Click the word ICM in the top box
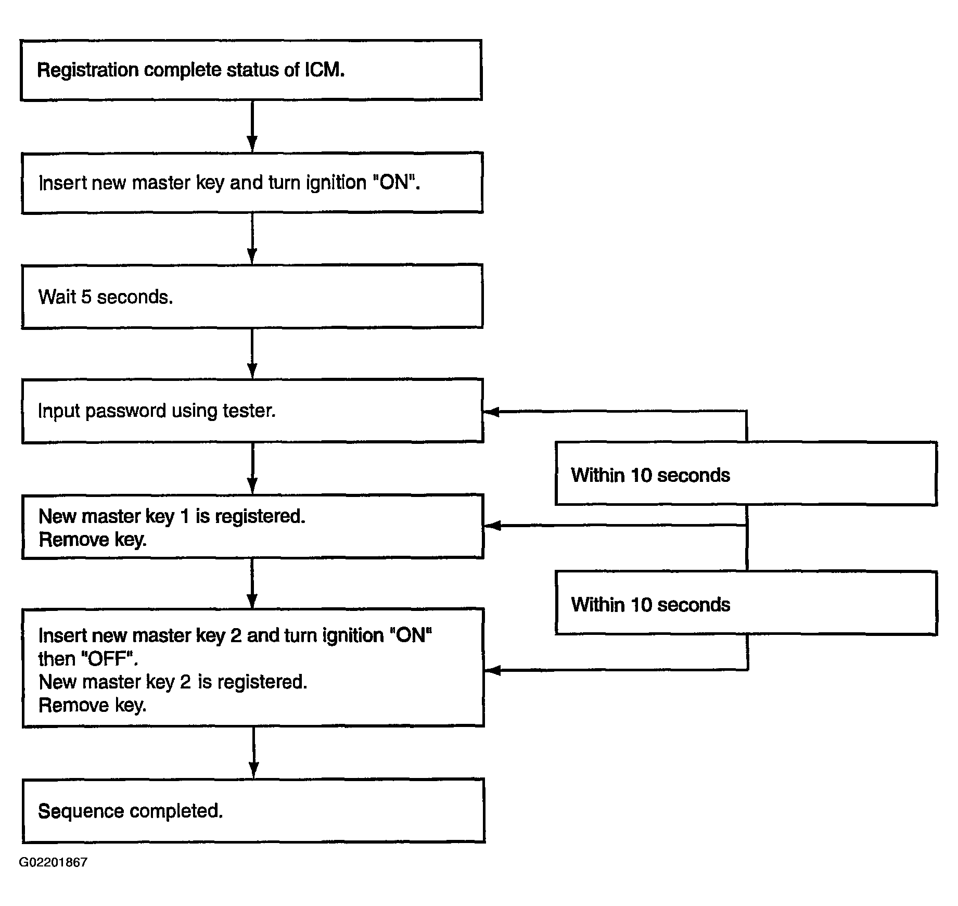[324, 70]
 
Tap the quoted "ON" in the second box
[396, 183]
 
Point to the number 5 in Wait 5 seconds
[86, 297]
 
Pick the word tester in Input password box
[249, 411]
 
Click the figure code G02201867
[53, 862]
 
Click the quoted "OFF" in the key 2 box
[110, 659]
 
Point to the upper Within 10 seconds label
[650, 475]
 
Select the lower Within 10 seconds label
[650, 605]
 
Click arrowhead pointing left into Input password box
[492, 412]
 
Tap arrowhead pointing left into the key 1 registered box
[492, 526]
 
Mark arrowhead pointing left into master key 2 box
[492, 670]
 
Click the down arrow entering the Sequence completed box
[253, 752]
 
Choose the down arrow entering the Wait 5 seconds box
[252, 238]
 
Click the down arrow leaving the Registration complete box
[252, 126]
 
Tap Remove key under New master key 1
[93, 540]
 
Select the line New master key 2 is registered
[173, 682]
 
